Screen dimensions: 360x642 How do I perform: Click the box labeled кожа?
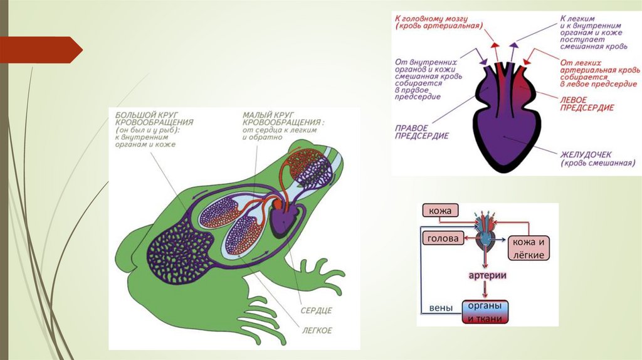point(441,211)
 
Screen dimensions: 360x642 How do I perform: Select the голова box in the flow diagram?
point(442,239)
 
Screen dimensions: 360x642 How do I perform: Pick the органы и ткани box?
point(485,312)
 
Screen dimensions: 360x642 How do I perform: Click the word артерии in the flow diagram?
point(485,276)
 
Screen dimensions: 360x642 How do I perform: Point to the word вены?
point(441,308)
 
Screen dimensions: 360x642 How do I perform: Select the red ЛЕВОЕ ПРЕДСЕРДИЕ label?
point(586,103)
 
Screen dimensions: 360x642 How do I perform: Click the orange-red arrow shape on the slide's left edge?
point(41,50)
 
